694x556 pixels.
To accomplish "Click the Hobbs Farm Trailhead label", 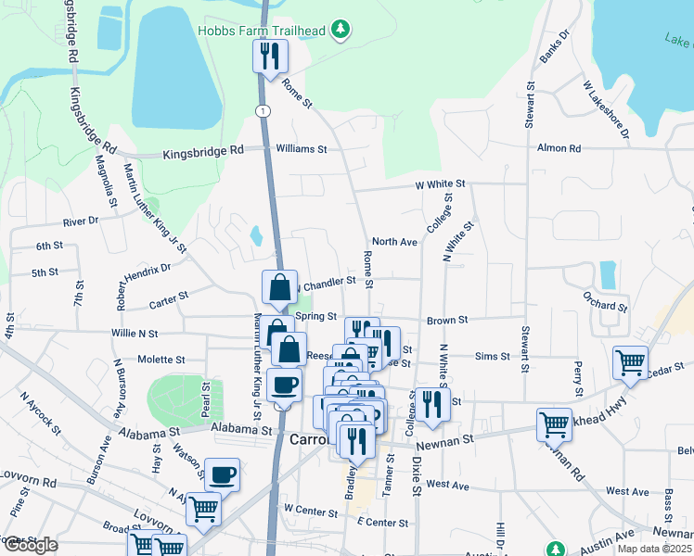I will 262,31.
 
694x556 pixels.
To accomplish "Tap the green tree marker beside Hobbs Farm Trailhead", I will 342,30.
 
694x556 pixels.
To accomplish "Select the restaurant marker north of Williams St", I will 270,57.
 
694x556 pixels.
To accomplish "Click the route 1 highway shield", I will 264,110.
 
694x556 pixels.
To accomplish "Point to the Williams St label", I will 302,148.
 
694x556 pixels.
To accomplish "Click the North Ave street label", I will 395,242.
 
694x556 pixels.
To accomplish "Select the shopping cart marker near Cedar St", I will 631,362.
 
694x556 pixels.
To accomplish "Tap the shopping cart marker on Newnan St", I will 554,424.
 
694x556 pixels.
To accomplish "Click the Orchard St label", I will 607,304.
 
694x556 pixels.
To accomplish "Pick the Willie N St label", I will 135,333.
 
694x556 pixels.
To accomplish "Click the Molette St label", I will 161,359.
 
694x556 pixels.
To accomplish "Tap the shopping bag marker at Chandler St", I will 279,288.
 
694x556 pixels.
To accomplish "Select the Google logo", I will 31,544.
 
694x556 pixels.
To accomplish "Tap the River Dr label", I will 81,221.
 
